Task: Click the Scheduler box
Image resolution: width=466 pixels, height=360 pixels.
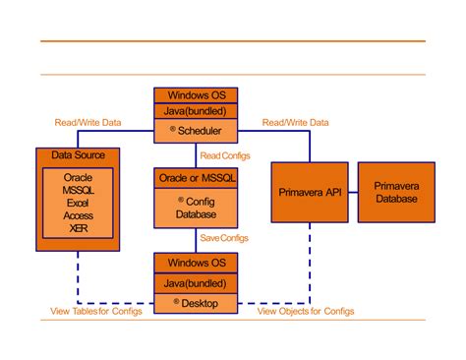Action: (x=195, y=130)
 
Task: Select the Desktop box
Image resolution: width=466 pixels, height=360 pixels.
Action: (x=195, y=302)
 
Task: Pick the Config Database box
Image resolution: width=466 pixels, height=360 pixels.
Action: (x=195, y=204)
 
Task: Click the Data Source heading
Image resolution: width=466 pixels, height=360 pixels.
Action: (x=78, y=155)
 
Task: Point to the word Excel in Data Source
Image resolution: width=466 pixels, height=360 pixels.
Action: (x=78, y=203)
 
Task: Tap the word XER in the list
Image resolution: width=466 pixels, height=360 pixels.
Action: (x=78, y=228)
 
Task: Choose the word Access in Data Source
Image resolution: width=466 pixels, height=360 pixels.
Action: (x=78, y=215)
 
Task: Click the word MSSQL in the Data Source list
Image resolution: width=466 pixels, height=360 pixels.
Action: (x=78, y=190)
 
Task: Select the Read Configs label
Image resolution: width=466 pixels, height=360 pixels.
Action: (x=224, y=154)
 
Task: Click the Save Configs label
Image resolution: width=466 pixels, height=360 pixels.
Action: (x=224, y=238)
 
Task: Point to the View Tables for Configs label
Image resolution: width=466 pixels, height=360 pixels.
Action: (x=95, y=312)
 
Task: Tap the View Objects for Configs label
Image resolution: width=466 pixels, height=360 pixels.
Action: (x=306, y=312)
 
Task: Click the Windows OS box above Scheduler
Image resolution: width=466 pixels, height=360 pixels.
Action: (x=195, y=95)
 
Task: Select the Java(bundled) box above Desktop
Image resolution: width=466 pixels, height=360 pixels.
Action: (x=195, y=283)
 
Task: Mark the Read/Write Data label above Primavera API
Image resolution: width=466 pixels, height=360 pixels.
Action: (x=295, y=122)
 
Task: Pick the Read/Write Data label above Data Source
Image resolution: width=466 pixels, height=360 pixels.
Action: (x=87, y=122)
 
